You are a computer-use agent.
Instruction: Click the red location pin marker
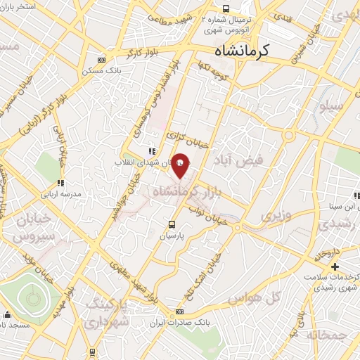(x=180, y=165)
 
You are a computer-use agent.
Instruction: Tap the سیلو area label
(x=330, y=108)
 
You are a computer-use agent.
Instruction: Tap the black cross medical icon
(x=335, y=266)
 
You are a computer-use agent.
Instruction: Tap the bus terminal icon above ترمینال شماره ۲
(x=225, y=8)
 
